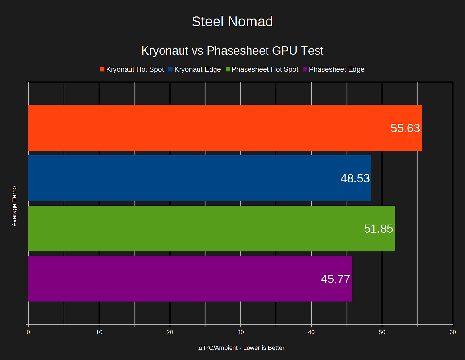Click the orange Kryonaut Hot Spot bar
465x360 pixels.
click(209, 128)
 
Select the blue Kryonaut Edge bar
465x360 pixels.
click(183, 178)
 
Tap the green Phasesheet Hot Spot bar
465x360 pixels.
click(196, 228)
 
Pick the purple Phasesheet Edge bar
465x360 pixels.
click(173, 279)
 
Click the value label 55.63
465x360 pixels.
click(405, 128)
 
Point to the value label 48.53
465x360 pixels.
click(355, 178)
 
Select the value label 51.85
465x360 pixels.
click(378, 229)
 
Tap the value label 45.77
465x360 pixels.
click(335, 279)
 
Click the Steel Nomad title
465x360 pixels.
click(232, 22)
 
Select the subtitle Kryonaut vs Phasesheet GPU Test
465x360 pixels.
click(232, 51)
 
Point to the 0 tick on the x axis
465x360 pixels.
click(28, 332)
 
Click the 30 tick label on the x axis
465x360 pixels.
click(240, 332)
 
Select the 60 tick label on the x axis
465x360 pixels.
click(452, 332)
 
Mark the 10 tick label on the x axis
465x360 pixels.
click(99, 332)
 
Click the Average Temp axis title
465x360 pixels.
click(14, 206)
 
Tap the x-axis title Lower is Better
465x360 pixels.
click(241, 348)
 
